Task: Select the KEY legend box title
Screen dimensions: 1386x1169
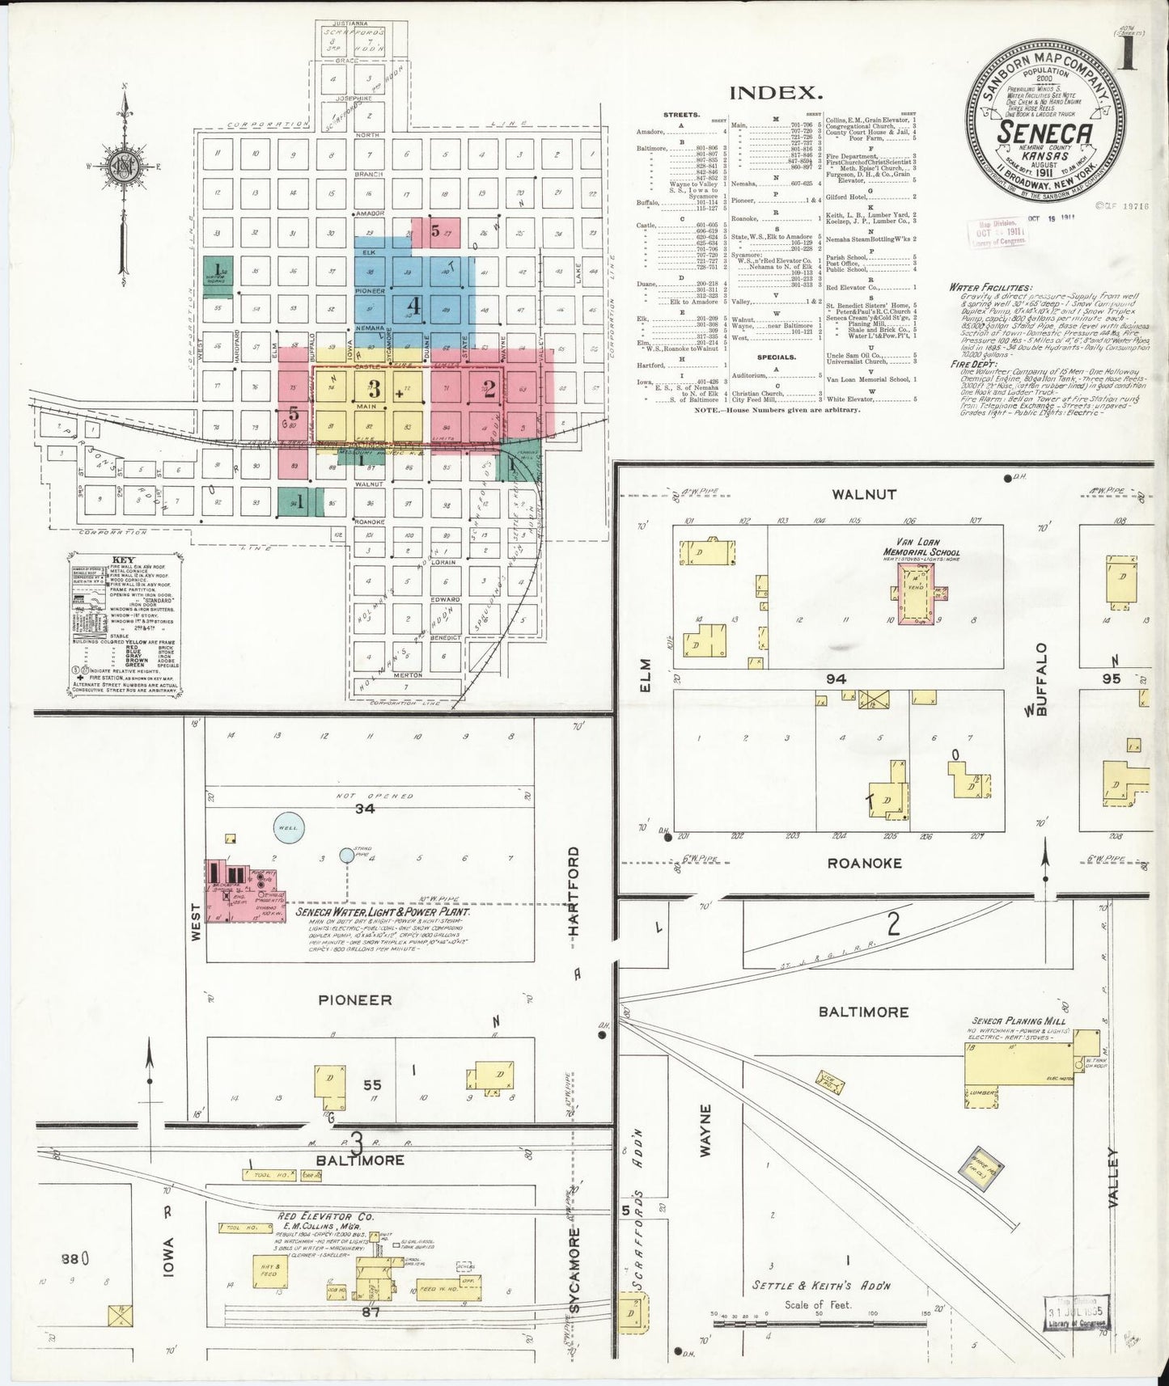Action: pyautogui.click(x=124, y=560)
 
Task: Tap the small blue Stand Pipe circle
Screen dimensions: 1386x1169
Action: pyautogui.click(x=347, y=855)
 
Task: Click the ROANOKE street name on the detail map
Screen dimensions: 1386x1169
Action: pyautogui.click(x=864, y=864)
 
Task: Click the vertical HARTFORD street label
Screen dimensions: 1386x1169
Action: pyautogui.click(x=574, y=891)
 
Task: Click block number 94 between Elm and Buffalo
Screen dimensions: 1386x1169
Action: pyautogui.click(x=836, y=678)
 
